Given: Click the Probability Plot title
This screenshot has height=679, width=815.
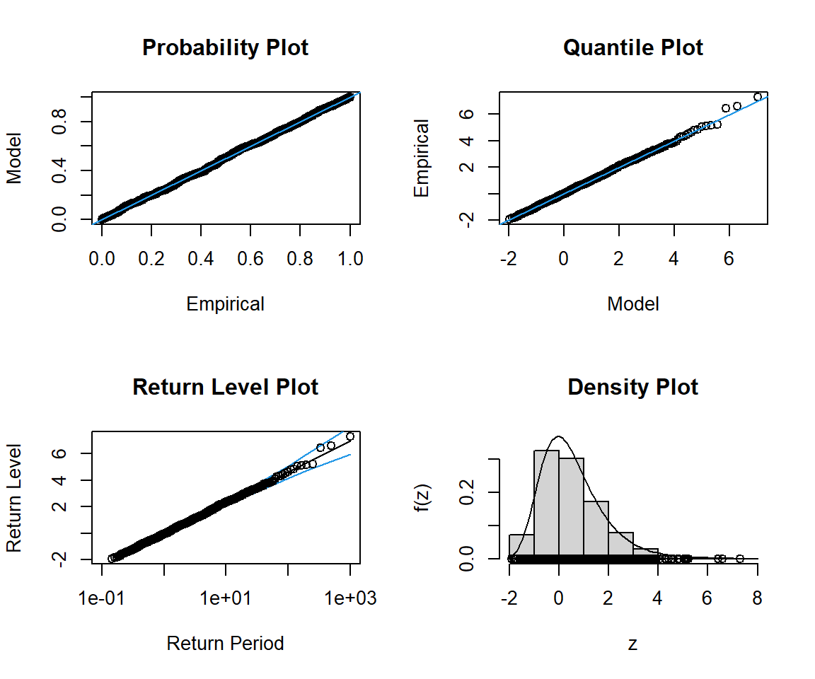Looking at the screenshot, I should tap(225, 48).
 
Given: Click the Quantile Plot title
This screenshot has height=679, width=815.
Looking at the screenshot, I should tap(632, 48).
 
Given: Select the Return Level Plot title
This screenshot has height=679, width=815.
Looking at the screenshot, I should tap(225, 388).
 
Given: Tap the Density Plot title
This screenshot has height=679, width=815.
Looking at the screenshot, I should tap(632, 388).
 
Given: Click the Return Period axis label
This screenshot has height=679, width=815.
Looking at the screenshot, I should tap(225, 644).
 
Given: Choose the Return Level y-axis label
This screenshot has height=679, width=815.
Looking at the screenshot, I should tap(14, 498).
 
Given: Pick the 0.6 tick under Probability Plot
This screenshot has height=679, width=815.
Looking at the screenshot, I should tap(250, 259).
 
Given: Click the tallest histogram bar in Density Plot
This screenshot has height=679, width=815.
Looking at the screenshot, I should tap(546, 504).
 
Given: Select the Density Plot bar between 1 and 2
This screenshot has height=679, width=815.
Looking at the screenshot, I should tap(596, 530).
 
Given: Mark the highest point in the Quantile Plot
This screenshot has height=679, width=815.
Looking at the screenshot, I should tap(758, 97).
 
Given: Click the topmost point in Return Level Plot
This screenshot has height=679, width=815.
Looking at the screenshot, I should tap(349, 436).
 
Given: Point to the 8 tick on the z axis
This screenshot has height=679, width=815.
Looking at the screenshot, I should tap(758, 598).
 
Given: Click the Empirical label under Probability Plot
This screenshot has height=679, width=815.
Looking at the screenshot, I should tap(225, 304).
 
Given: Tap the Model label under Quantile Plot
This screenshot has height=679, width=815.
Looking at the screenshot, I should tap(632, 304).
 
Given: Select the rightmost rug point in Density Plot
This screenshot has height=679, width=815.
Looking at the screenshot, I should tap(740, 559).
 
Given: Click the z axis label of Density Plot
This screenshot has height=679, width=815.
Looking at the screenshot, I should tap(632, 644).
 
